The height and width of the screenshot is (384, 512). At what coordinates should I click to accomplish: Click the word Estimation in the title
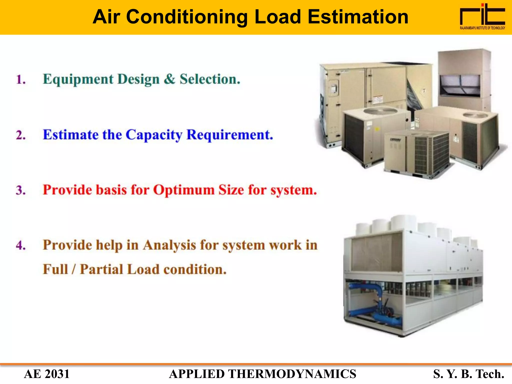coord(358,17)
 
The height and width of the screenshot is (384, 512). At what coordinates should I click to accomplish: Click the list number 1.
coord(21,79)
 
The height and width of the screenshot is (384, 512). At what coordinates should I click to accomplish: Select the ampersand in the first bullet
coord(169,79)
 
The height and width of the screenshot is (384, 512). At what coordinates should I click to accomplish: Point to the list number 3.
coord(21,190)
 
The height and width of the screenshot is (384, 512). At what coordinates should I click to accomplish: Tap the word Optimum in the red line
coord(184,190)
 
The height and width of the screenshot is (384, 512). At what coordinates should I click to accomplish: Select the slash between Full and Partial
coord(73,269)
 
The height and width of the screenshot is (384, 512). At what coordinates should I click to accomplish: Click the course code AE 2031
coord(47,374)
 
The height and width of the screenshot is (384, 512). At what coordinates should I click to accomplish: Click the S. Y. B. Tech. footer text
coord(468,374)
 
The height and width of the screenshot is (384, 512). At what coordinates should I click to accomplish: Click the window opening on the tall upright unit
coord(459,85)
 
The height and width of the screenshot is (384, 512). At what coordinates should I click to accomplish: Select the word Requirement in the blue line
coord(229,135)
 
